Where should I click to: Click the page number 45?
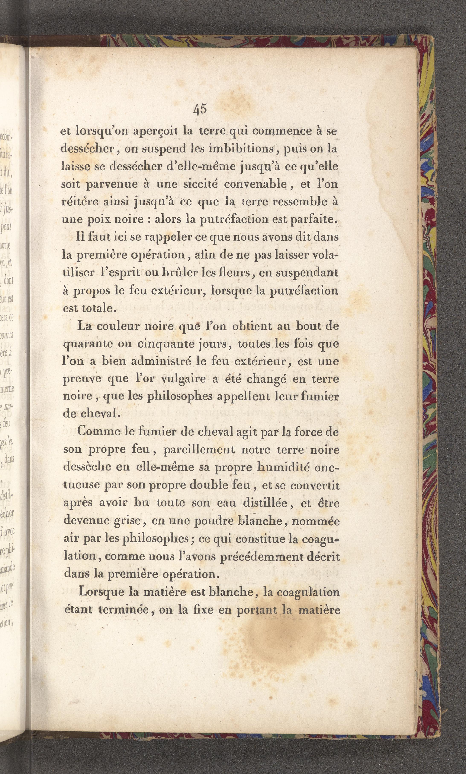click(200, 109)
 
